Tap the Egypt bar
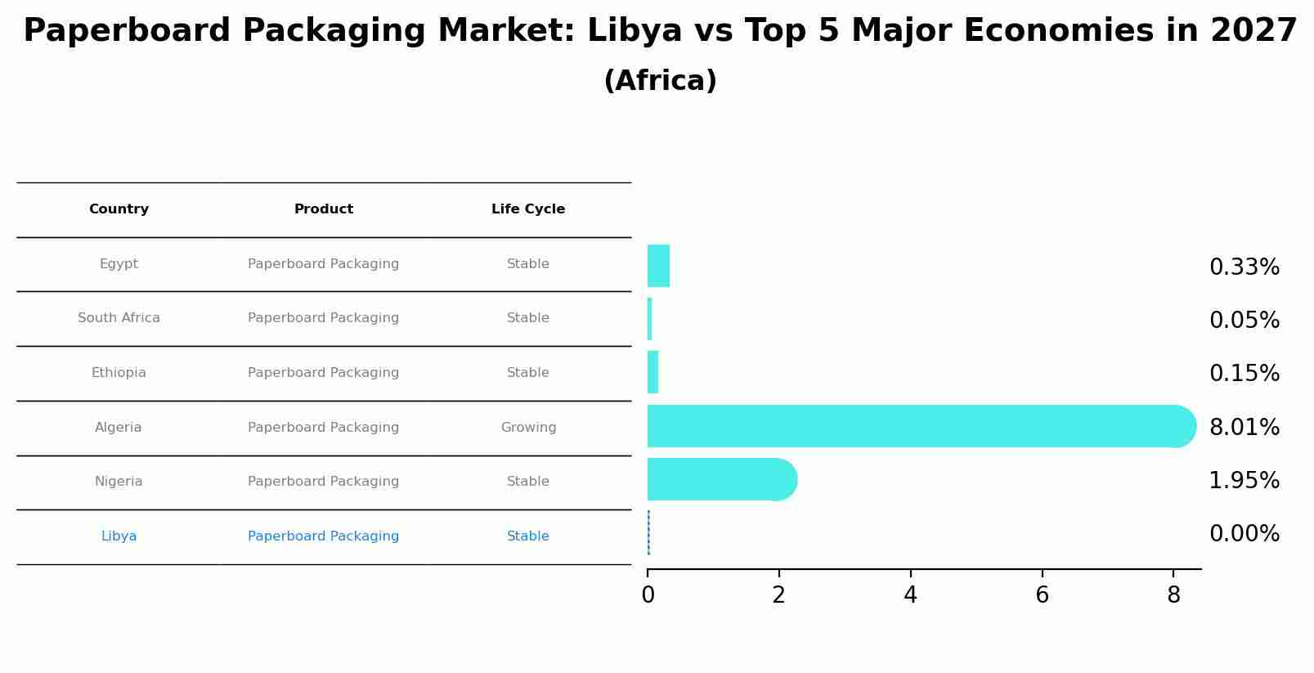coord(658,266)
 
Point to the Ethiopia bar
coord(653,372)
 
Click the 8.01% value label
coord(1244,427)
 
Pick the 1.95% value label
coord(1244,480)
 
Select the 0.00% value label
coord(1244,534)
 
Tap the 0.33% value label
coord(1244,267)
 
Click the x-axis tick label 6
coord(1042,595)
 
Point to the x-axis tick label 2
coord(778,595)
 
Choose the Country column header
coord(119,209)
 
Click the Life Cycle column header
coord(528,209)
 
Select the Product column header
coord(324,209)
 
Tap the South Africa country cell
coord(119,318)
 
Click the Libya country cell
coord(119,536)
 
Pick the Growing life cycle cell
coord(528,428)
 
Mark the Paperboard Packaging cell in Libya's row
coord(324,536)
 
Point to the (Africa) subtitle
coord(660,81)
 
